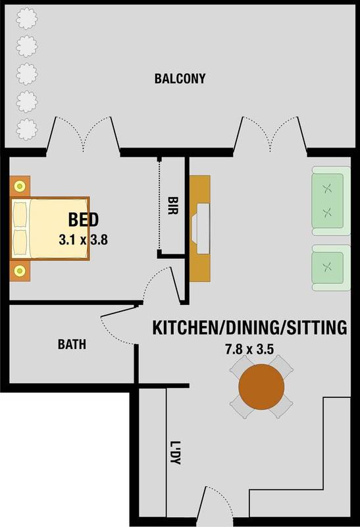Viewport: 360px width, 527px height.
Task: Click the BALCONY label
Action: (x=180, y=78)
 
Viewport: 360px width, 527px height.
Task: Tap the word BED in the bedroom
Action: (x=84, y=220)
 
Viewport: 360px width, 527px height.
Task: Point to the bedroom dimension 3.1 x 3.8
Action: (x=84, y=240)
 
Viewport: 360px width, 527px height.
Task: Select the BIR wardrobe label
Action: (x=172, y=206)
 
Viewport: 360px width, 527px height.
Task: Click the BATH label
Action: (x=72, y=345)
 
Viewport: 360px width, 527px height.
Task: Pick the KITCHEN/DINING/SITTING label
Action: (x=250, y=327)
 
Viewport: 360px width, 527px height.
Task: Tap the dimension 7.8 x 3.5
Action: (x=249, y=350)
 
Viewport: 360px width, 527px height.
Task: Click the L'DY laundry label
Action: (x=175, y=453)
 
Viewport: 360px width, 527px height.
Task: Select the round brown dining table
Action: (x=261, y=387)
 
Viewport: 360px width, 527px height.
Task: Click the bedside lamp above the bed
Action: (x=20, y=186)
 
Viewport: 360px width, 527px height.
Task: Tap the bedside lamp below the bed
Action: (x=20, y=270)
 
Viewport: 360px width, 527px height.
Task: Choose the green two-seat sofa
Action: (x=331, y=201)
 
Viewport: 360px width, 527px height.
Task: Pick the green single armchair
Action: (x=331, y=267)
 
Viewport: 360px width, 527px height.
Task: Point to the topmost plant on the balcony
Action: (x=26, y=18)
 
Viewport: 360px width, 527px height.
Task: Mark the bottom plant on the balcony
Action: (x=26, y=129)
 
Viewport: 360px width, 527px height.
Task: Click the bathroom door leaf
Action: (x=119, y=311)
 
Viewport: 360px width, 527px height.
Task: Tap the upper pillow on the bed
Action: (x=20, y=215)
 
